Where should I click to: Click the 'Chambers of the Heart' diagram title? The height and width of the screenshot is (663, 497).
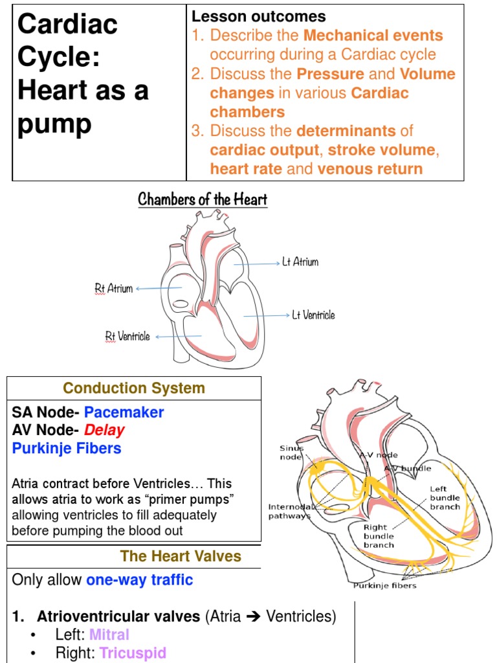click(x=203, y=199)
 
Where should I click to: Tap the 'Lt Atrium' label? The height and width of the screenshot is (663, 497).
click(x=300, y=262)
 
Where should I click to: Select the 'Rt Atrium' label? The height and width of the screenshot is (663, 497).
click(x=113, y=288)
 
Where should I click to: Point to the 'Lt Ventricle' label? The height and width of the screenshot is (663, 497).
click(x=313, y=315)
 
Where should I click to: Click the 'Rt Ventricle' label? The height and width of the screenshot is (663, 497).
click(x=127, y=336)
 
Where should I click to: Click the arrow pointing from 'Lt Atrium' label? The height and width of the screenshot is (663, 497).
click(x=257, y=264)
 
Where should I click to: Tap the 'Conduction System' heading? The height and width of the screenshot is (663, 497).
click(x=134, y=388)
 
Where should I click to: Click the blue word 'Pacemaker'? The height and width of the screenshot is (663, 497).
click(x=124, y=412)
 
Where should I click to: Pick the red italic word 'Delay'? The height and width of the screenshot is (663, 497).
click(x=104, y=430)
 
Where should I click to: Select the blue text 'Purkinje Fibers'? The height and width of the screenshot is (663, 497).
click(x=67, y=448)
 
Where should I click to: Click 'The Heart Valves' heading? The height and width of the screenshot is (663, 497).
click(x=181, y=556)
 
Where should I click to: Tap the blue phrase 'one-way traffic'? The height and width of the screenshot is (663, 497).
click(x=139, y=579)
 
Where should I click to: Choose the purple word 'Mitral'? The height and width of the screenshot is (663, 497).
click(x=109, y=635)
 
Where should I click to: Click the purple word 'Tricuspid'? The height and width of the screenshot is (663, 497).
click(x=133, y=653)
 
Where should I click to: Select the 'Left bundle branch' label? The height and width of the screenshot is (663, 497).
click(x=445, y=498)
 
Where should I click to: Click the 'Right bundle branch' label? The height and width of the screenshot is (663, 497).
click(x=379, y=536)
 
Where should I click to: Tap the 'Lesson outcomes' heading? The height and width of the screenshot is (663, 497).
click(x=258, y=17)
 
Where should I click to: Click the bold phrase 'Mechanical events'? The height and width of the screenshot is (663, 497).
click(x=373, y=36)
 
